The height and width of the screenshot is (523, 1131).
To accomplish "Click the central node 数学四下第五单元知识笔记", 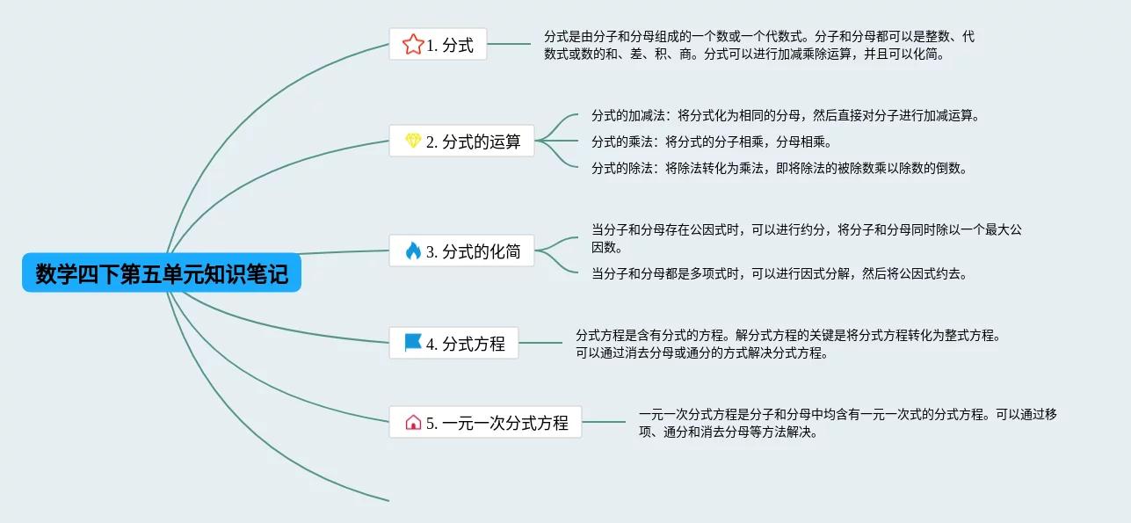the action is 162,274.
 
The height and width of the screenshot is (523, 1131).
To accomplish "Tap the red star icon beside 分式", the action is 412,45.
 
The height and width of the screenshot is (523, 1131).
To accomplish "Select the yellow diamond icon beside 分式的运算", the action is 413,141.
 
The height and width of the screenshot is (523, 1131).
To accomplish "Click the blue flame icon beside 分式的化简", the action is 413,251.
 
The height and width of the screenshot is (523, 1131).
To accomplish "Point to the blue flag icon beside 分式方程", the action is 413,343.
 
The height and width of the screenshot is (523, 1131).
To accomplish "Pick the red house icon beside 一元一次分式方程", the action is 413,422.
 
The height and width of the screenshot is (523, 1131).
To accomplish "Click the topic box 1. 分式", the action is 438,45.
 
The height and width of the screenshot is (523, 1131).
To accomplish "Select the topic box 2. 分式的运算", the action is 461,141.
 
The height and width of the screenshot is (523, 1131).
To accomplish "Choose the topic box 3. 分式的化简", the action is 461,251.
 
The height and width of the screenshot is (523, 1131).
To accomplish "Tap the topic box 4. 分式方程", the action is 453,343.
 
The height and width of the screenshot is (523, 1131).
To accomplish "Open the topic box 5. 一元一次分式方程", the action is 485,422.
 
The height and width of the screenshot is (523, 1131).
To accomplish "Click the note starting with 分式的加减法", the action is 785,116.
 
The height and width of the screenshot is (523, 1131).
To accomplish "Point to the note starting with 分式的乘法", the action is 711,142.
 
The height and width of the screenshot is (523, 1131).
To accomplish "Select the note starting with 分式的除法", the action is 779,168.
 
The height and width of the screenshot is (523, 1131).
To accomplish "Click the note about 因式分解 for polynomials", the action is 779,273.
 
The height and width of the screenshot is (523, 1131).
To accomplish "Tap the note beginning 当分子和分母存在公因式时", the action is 806,238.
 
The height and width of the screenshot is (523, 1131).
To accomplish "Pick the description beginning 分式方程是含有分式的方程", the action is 787,344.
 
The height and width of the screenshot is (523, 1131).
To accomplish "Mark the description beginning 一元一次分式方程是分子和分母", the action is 847,422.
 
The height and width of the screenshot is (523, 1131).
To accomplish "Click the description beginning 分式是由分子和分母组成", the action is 758,45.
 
